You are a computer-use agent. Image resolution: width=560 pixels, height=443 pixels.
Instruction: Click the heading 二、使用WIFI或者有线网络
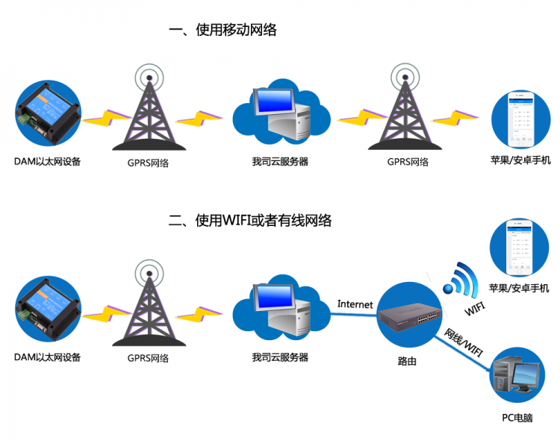(x=249, y=221)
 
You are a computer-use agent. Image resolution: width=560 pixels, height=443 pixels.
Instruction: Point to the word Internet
(x=355, y=304)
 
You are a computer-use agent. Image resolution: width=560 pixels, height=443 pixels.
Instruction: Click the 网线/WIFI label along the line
(x=464, y=341)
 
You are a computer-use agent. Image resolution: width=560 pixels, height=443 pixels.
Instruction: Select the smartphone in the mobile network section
(x=520, y=119)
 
